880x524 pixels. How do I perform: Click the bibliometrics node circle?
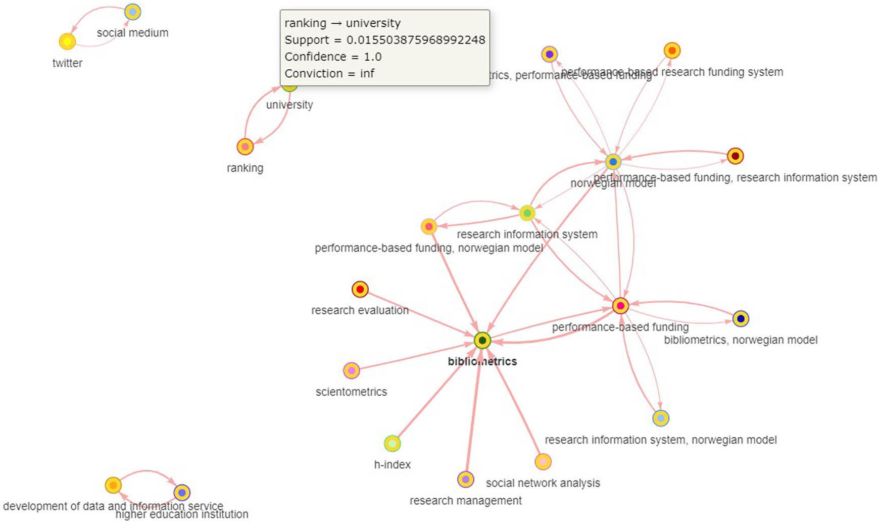482,341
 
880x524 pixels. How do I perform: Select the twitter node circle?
67,41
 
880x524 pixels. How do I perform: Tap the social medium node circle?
132,12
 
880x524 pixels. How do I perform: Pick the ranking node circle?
245,147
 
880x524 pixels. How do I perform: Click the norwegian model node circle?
613,162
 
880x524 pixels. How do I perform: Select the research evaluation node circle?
360,290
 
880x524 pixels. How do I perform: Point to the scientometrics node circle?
352,370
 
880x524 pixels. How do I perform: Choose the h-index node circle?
393,444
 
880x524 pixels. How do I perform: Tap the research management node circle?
466,479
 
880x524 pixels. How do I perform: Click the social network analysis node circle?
543,461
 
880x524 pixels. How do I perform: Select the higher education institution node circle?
182,492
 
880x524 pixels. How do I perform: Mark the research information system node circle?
527,213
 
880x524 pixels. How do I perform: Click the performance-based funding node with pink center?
620,306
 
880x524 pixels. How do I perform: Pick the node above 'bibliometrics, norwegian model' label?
741,319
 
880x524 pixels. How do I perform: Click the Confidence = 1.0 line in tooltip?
333,57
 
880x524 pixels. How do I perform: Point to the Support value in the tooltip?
415,40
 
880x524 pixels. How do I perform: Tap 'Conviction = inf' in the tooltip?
329,73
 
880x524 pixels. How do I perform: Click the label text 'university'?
289,105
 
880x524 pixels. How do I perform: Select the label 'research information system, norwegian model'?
660,440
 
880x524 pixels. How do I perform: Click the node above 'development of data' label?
113,485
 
